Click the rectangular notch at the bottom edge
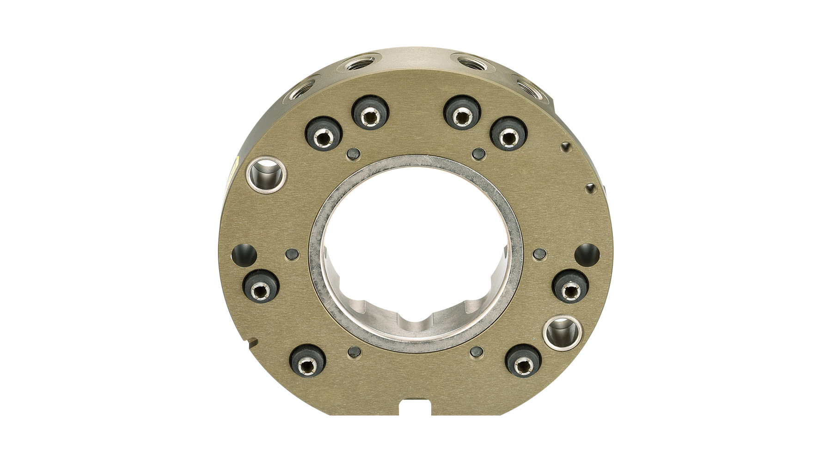415,407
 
